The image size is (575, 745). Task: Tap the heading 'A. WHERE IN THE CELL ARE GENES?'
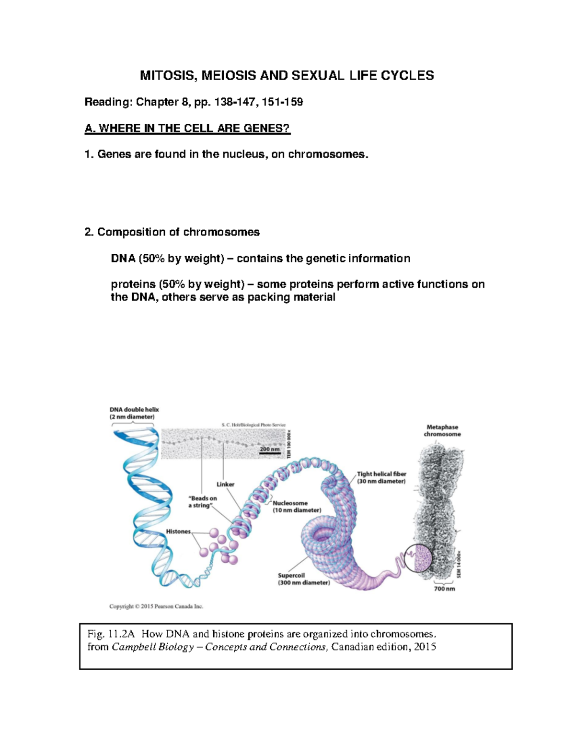[187, 128]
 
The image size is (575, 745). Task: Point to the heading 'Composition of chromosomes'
[178, 232]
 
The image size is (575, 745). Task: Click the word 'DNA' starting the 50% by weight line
[123, 259]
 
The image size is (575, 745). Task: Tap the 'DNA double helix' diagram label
[134, 410]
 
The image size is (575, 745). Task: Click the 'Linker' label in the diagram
[225, 484]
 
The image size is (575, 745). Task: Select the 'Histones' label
[178, 531]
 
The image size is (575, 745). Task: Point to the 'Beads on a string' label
[202, 502]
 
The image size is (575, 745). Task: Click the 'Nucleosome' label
[290, 503]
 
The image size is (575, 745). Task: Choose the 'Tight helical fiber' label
[381, 474]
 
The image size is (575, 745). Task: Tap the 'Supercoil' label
[291, 575]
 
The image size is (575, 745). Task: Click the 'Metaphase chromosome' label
[442, 430]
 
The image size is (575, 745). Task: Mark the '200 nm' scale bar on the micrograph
[269, 450]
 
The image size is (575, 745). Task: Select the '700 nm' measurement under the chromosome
[444, 589]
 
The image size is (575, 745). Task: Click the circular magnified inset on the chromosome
[418, 558]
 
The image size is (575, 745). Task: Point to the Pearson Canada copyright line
[156, 606]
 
